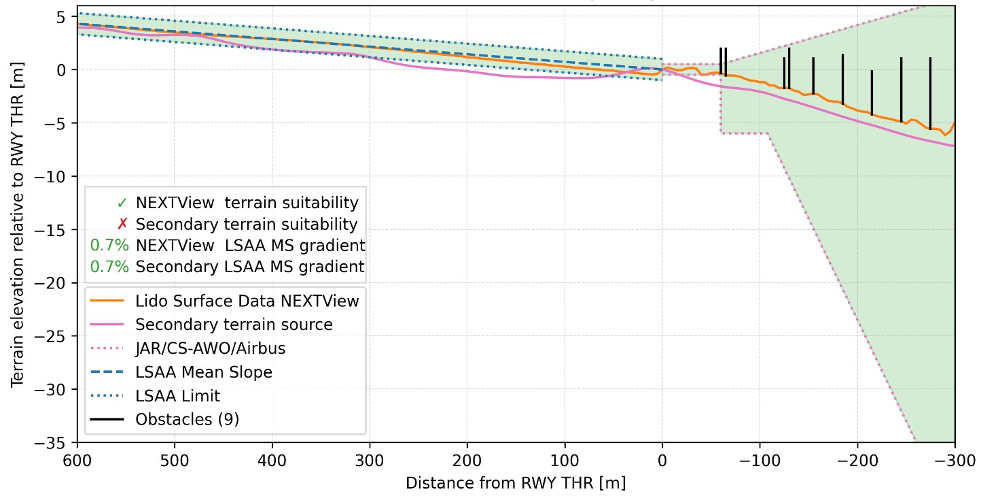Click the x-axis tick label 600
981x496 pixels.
click(x=77, y=460)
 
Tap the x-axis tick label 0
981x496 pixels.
click(x=662, y=460)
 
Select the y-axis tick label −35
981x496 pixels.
click(x=56, y=443)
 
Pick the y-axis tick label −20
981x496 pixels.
click(x=56, y=283)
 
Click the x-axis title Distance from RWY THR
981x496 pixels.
click(x=515, y=483)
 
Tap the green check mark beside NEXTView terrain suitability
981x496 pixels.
click(x=122, y=203)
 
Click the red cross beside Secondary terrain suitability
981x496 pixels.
click(x=122, y=224)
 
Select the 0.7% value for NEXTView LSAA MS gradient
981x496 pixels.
click(x=109, y=246)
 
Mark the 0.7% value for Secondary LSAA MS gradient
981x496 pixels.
click(x=109, y=267)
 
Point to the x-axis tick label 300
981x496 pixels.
click(x=370, y=460)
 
